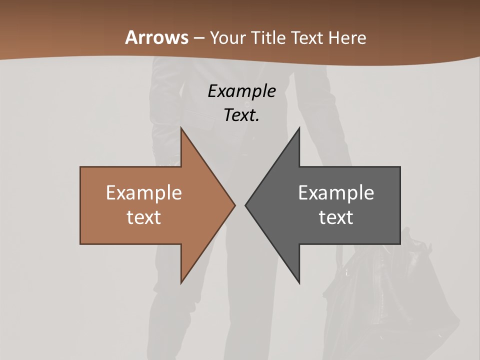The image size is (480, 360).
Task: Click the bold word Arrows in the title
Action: (x=156, y=37)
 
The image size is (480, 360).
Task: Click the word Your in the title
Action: (x=228, y=37)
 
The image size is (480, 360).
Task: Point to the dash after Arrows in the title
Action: (x=198, y=38)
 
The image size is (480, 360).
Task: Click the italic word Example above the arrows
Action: (x=241, y=91)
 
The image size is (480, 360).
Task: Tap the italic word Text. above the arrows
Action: (x=241, y=115)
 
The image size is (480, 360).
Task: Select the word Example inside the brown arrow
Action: (x=144, y=192)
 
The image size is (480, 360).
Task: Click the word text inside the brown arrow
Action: (x=144, y=217)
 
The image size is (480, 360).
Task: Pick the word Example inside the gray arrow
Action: (x=336, y=192)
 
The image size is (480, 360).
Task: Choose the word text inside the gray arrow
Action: (x=336, y=217)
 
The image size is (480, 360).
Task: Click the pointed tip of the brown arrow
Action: (x=234, y=205)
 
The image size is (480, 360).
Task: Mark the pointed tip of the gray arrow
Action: (x=246, y=205)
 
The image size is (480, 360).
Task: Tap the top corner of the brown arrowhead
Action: (x=181, y=128)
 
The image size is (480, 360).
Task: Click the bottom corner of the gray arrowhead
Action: (x=299, y=282)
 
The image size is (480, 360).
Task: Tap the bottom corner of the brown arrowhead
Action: (x=181, y=282)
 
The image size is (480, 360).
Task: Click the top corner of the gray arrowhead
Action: (x=299, y=128)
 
